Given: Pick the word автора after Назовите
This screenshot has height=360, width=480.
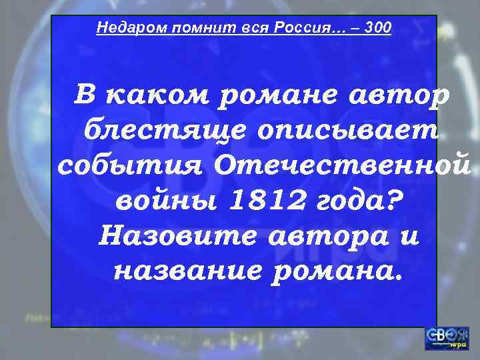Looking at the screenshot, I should pos(323,235).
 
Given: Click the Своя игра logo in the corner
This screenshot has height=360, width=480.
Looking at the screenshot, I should pos(446,337).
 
